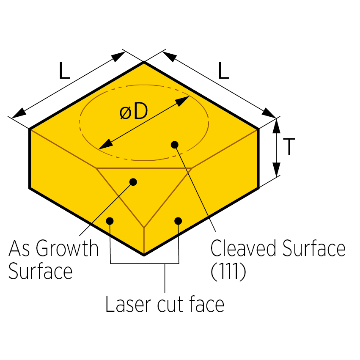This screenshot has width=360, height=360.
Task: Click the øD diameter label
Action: pos(133,112)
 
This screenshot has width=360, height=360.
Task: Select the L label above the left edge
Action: pos(64,71)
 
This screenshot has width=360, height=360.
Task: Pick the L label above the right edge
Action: pos(223,71)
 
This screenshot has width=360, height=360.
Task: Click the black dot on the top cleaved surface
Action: pos(174,145)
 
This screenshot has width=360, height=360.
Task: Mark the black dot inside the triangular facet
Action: pos(133,182)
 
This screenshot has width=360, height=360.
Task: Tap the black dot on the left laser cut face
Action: pos(110,220)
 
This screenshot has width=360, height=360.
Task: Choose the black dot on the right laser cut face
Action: pos(178,220)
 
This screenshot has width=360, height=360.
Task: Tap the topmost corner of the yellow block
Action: pos(144,62)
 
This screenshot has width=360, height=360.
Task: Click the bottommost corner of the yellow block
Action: pos(144,255)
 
